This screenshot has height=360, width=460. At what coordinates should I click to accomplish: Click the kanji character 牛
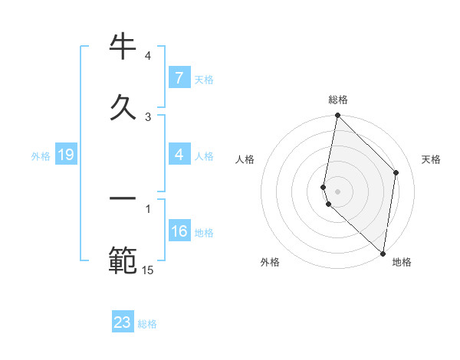pyautogui.click(x=123, y=47)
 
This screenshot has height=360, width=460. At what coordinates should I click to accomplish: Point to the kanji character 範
pyautogui.click(x=123, y=260)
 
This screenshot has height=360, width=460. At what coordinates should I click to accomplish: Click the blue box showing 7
pyautogui.click(x=179, y=78)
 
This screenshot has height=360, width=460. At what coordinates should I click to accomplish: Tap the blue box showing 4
pyautogui.click(x=179, y=155)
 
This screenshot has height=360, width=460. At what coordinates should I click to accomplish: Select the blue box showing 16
pyautogui.click(x=179, y=232)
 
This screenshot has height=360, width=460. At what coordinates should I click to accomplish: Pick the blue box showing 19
pyautogui.click(x=65, y=155)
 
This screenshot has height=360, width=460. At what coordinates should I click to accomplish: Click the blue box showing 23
pyautogui.click(x=123, y=322)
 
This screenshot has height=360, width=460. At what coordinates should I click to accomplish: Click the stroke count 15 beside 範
pyautogui.click(x=148, y=269)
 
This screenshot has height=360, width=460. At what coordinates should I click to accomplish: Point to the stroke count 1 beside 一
pyautogui.click(x=148, y=208)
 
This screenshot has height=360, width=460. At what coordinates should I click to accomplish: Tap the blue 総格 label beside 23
pyautogui.click(x=147, y=324)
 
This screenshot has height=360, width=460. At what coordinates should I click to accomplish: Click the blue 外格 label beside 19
pyautogui.click(x=41, y=156)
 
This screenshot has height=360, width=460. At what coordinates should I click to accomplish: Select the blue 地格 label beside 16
pyautogui.click(x=204, y=233)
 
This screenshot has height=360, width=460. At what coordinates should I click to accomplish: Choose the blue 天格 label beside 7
pyautogui.click(x=204, y=79)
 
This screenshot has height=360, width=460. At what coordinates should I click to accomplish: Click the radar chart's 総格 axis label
pyautogui.click(x=338, y=100)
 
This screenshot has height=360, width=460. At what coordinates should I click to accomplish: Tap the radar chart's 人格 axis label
pyautogui.click(x=245, y=159)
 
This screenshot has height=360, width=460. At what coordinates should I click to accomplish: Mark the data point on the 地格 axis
pyautogui.click(x=383, y=253)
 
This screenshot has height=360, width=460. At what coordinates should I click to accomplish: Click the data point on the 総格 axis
pyautogui.click(x=337, y=116)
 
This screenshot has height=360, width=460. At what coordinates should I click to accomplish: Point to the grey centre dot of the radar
pyautogui.click(x=338, y=191)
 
